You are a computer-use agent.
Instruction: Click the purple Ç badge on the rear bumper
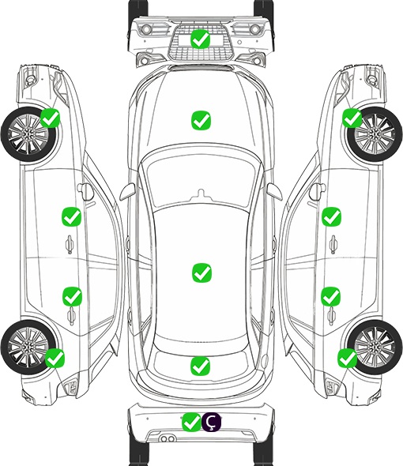pos(212,422)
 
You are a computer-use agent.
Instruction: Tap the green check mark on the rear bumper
pos(191,422)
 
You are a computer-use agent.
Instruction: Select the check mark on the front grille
pos(201,39)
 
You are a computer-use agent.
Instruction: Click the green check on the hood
pos(201,120)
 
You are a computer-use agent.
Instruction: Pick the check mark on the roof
pos(202,272)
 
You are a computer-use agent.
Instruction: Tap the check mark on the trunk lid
pos(201,366)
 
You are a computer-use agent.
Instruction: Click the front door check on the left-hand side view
pos(71,216)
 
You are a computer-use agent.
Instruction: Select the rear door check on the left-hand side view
pos(72,296)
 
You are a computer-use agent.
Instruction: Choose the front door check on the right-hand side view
pos(331,216)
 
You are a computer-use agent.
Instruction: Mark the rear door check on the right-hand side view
pos(331,296)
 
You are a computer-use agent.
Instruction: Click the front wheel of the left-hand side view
pos(28,135)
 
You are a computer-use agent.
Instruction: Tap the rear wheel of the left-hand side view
pos(28,347)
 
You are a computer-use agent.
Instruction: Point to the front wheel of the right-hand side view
pos(375,134)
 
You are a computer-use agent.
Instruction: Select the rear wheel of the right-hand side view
pos(375,347)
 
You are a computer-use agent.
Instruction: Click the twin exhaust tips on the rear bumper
pos(168,438)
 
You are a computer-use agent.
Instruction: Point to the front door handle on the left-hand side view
pos(70,244)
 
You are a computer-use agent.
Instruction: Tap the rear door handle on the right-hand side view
pos(332,316)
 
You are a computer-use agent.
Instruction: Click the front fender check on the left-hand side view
pos(50,118)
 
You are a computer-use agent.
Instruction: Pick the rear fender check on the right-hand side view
pos(347,358)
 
